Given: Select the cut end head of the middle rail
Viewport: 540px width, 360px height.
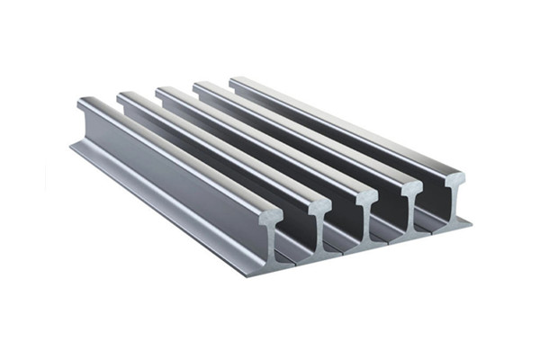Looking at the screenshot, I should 367,196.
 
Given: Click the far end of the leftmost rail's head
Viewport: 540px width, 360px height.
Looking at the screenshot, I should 84,104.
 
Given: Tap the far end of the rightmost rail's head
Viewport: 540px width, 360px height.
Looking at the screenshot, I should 236,81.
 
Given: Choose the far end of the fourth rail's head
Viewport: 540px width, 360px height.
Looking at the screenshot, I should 200,86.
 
